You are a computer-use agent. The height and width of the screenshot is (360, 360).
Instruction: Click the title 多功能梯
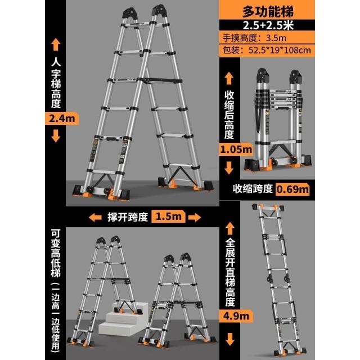coord(268,11)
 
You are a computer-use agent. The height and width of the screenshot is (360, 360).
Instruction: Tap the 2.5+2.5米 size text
coord(268,25)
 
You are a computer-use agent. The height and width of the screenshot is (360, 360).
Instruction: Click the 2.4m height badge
coord(62,119)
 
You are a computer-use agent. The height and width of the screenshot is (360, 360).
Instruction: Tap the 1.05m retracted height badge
coord(236,150)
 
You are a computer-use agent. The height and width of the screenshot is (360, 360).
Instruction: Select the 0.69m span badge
coord(292,189)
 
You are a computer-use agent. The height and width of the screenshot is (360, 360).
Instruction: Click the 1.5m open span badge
coord(168,216)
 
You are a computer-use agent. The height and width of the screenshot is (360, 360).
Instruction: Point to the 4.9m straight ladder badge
coord(236,316)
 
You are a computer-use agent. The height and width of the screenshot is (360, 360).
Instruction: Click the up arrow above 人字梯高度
coord(56,45)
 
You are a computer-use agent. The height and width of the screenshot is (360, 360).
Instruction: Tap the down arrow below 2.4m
coord(56,136)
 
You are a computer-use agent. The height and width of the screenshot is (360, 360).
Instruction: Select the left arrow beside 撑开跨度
coord(95,217)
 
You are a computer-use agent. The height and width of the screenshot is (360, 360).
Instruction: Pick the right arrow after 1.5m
coord(195,217)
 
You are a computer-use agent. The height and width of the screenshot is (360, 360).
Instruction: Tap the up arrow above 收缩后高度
coord(229,78)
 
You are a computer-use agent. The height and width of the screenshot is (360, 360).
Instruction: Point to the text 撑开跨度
coord(128,217)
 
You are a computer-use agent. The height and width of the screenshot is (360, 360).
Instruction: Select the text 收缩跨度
coord(253,189)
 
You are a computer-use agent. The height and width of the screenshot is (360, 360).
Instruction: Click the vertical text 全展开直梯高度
coord(230,272)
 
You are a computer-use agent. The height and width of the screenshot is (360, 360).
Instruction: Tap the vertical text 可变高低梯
coord(56,253)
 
